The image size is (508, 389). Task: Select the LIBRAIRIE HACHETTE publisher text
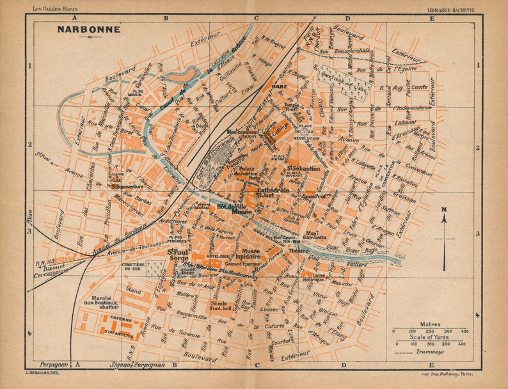[x=452, y=10]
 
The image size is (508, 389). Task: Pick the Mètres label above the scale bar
[x=429, y=324]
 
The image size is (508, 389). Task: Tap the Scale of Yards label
[x=429, y=338]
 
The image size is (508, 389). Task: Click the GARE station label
[x=278, y=85]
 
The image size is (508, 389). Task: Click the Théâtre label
[x=299, y=251]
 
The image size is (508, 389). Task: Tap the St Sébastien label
[x=305, y=168]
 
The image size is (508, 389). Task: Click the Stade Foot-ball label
[x=219, y=306]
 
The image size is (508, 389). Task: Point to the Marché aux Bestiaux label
[x=102, y=302]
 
